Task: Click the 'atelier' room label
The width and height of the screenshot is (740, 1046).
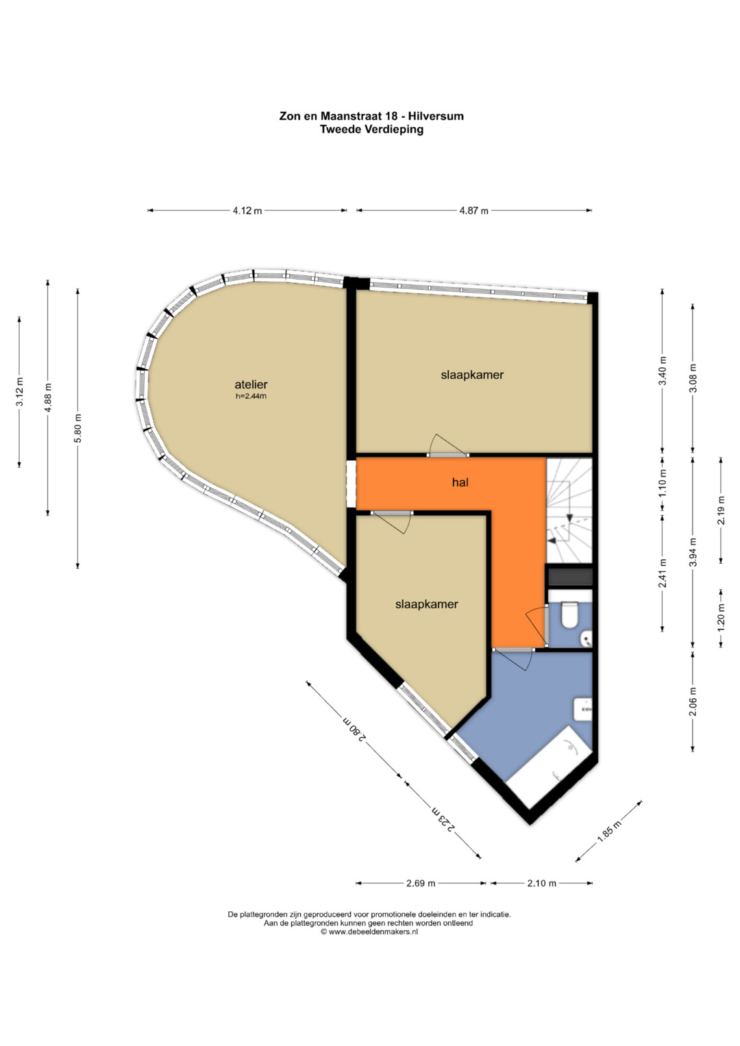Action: point(251,384)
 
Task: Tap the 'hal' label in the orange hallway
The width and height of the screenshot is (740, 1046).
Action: point(460,482)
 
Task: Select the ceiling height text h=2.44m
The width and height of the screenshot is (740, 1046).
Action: point(251,397)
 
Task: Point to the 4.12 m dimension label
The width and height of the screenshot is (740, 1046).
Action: point(247,210)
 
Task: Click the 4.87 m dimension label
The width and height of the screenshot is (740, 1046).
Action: point(473,210)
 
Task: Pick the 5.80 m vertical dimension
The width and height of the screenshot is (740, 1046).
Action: point(78,429)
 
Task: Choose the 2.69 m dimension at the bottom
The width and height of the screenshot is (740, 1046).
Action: point(420,883)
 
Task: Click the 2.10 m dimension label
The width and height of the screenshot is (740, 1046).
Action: point(541,883)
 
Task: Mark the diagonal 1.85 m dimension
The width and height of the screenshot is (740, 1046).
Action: point(610,831)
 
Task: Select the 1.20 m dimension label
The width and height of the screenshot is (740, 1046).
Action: point(721,619)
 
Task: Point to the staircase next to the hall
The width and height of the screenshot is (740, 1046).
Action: point(569,510)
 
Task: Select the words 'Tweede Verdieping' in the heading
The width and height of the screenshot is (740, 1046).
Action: point(371,129)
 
